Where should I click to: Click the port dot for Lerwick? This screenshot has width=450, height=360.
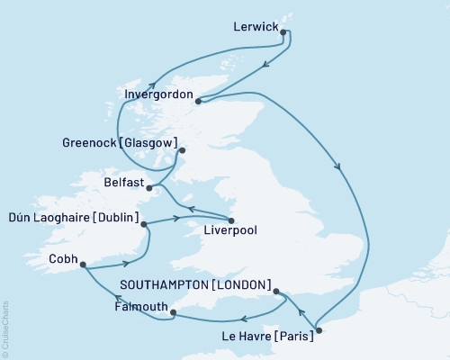pyautogui.click(x=284, y=32)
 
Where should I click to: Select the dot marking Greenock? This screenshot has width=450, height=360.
pyautogui.click(x=182, y=150)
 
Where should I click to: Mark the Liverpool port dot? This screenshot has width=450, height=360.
pyautogui.click(x=231, y=220)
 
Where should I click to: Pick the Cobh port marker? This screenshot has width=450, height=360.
pyautogui.click(x=83, y=265)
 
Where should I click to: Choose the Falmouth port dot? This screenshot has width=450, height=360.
pyautogui.click(x=173, y=313)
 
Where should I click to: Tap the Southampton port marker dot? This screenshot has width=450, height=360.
pyautogui.click(x=275, y=292)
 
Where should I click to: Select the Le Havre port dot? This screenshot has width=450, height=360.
pyautogui.click(x=319, y=330)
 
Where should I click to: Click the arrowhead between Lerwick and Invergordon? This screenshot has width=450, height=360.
pyautogui.click(x=265, y=65)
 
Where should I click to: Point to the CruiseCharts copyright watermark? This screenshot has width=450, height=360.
pyautogui.click(x=6, y=323)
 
